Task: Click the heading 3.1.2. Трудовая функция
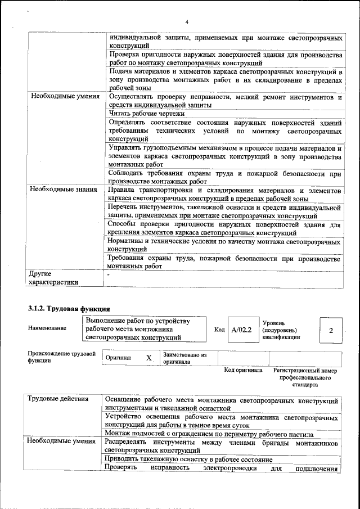coord(68,308)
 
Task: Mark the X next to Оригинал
coord(148,358)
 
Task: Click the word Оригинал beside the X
coord(118,358)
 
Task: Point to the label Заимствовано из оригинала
coord(184,359)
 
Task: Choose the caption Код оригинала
coord(243,370)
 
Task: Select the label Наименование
coord(47,328)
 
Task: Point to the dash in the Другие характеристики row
coord(110,274)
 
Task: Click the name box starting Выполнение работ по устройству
coord(145,329)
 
